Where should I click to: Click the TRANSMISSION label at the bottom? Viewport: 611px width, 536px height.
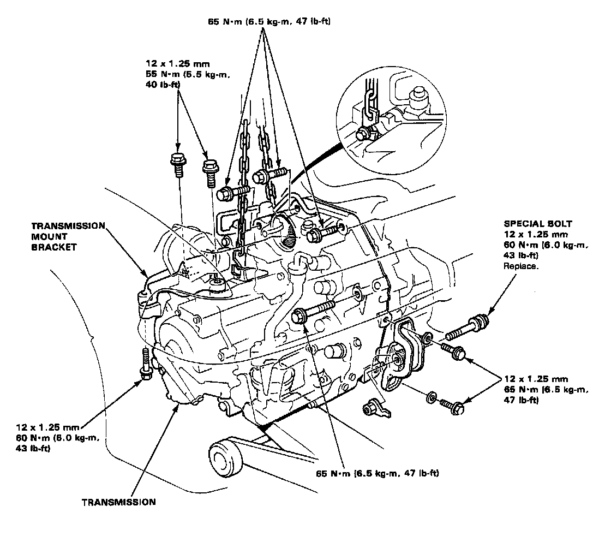coord(118,502)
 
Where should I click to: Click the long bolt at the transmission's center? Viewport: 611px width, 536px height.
coord(311,312)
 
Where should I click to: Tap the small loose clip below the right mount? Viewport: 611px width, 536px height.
coord(375,407)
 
